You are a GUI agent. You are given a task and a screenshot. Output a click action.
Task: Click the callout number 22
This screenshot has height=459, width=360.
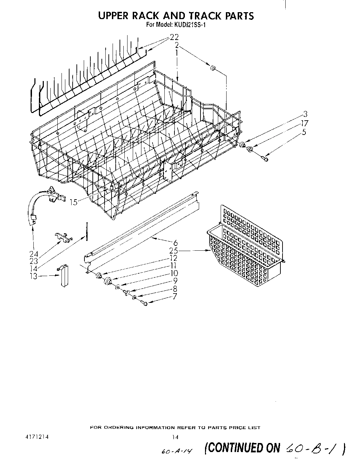174,37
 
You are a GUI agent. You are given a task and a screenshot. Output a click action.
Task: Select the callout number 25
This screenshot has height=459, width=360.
174,251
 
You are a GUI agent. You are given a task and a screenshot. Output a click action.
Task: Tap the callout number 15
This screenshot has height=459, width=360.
74,202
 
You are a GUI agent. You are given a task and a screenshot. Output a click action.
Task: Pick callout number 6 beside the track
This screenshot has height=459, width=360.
175,242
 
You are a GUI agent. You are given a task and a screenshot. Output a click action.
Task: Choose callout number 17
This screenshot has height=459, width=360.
305,123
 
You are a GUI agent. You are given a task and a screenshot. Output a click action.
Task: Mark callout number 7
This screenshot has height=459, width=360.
174,296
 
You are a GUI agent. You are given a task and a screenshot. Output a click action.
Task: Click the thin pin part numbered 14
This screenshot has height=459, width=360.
86,231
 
